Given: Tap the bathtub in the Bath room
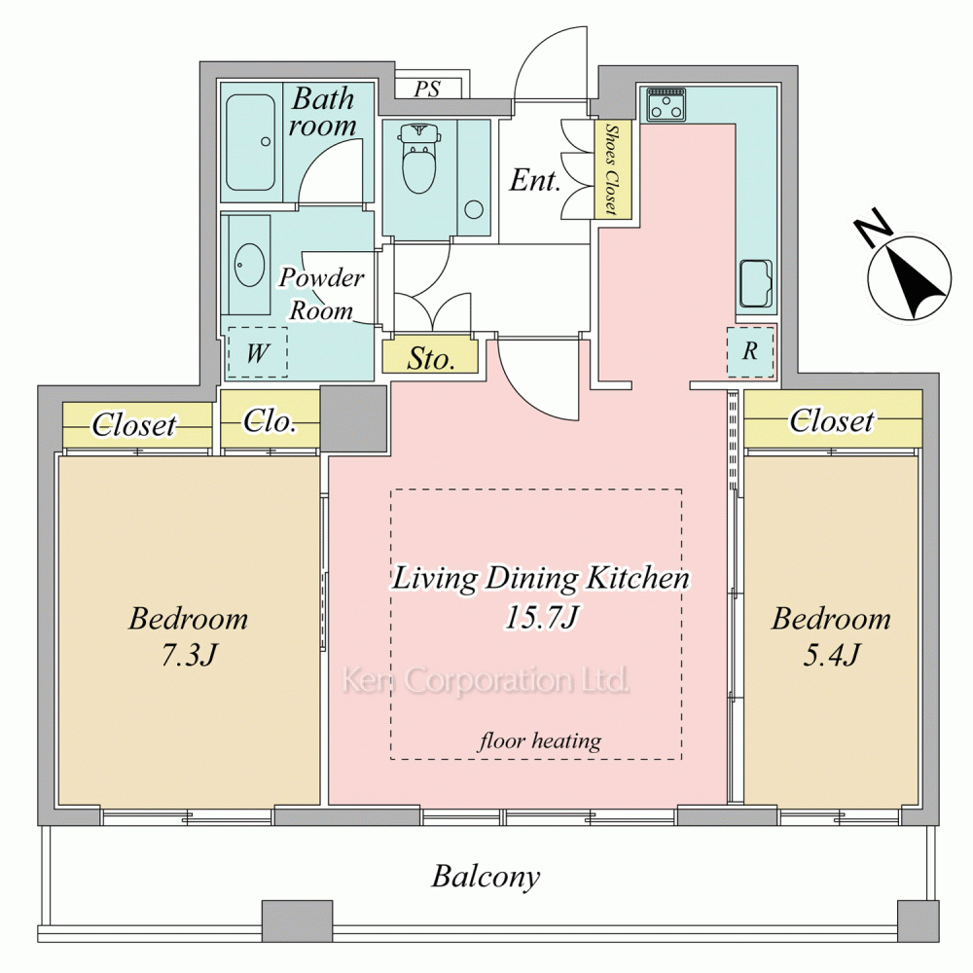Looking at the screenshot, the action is point(250,142).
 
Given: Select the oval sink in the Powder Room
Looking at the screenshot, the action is point(249,265).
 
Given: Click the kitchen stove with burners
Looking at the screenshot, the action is point(666,104).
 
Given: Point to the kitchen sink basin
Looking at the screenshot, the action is point(756,283).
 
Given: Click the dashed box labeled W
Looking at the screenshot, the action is point(258,352).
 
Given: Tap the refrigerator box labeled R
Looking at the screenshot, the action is point(750,351).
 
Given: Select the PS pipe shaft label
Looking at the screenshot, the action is point(427,89).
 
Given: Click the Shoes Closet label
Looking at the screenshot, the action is point(612,169).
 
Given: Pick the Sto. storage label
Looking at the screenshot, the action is point(431,359).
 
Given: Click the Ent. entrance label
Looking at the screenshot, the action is point(535,181).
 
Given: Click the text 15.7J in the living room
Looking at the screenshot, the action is point(541,617).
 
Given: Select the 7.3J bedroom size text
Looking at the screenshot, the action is point(189,655).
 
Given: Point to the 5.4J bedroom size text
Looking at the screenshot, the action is point(832,655).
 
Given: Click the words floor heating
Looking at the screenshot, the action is point(540,740).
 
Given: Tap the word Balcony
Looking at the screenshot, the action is point(486,877).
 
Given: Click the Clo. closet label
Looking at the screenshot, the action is point(270,422).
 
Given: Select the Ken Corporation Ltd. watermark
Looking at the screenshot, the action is point(486,679).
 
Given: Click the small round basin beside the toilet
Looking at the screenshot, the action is point(474,209).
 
